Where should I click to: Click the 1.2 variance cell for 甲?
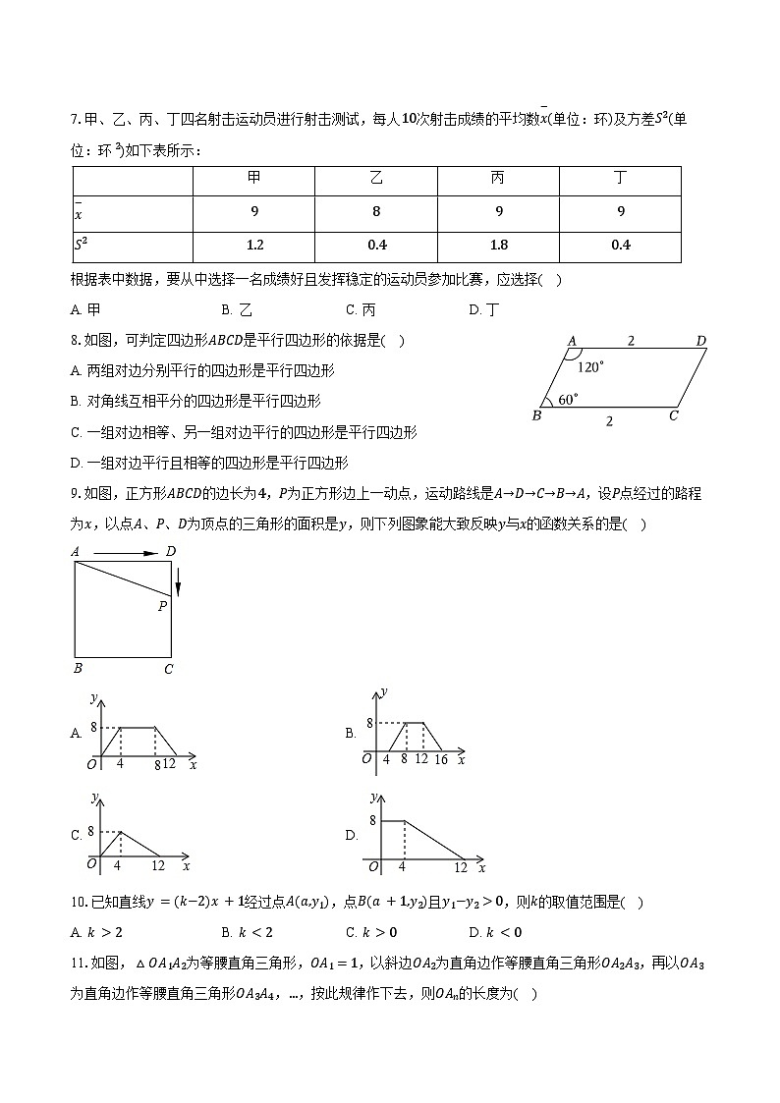tap(254, 246)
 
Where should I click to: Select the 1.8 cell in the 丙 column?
tap(498, 246)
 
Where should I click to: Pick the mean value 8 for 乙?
tap(376, 211)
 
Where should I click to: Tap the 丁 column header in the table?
tap(620, 179)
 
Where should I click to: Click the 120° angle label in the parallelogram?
tap(590, 367)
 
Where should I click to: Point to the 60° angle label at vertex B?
tap(568, 400)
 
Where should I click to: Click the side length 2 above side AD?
tap(631, 341)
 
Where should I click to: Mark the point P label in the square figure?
tap(162, 607)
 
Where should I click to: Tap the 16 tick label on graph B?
tap(440, 759)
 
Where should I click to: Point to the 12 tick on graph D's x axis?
tap(461, 867)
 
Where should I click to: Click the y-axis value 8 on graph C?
tap(90, 831)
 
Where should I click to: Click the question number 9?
tap(76, 494)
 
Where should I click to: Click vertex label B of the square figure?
tap(76, 669)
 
